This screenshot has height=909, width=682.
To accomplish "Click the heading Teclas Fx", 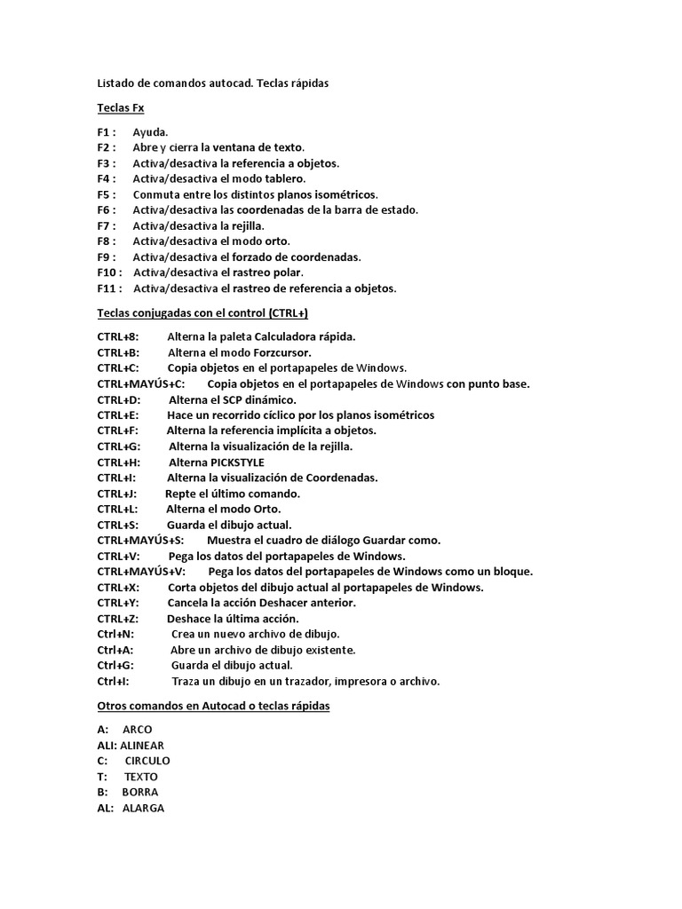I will click(120, 108).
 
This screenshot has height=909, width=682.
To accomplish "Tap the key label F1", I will click(105, 132).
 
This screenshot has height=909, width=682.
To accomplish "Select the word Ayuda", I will click(150, 132).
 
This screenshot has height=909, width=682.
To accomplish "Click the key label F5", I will click(105, 194).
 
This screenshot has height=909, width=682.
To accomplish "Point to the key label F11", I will click(108, 289).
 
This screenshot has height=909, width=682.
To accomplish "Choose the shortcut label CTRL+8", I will click(118, 337).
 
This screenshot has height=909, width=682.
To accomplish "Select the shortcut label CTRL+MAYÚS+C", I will click(141, 384).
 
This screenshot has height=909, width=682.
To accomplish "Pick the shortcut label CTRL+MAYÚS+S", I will click(140, 541).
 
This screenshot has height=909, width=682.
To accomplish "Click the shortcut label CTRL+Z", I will click(117, 619).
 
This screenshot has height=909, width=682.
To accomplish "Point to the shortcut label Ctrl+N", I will click(115, 635).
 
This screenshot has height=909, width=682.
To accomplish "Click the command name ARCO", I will click(138, 730).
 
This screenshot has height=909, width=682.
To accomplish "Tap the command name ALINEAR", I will click(142, 746).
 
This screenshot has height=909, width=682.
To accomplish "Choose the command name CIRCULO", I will click(147, 761).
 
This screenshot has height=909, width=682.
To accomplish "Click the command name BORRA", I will click(140, 792).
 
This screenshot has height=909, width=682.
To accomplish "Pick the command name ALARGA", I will click(143, 808).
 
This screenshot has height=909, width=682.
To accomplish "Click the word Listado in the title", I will click(116, 83).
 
